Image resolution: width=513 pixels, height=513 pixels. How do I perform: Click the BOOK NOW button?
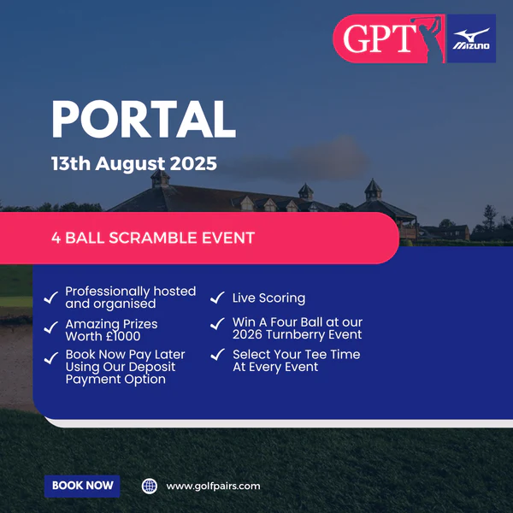(82, 486)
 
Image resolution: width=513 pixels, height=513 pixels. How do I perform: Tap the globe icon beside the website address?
(150, 486)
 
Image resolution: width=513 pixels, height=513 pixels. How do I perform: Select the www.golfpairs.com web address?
(213, 486)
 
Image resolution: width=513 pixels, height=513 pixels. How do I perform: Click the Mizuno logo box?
(471, 38)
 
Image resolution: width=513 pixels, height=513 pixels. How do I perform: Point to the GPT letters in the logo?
(380, 38)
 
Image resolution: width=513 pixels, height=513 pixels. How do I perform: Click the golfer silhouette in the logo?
(428, 38)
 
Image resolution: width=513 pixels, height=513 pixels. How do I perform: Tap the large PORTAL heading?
(144, 119)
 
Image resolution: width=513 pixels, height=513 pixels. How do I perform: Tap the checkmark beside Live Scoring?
(217, 298)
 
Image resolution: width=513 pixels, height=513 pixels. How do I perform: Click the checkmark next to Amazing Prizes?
(51, 327)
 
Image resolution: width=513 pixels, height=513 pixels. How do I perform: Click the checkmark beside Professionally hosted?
(51, 298)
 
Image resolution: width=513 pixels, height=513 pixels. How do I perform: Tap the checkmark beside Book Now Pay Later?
(51, 358)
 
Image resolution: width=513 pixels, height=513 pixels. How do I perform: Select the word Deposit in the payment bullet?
(152, 367)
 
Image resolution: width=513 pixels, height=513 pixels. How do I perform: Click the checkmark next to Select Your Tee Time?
(217, 355)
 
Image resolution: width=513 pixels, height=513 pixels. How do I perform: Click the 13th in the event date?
(71, 163)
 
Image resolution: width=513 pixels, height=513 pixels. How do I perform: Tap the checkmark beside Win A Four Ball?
(217, 324)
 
